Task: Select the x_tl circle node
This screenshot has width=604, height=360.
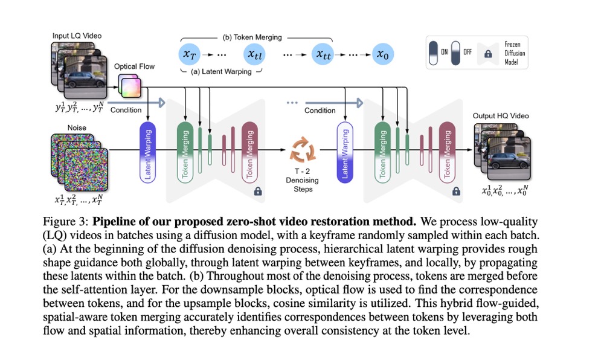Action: [254, 54]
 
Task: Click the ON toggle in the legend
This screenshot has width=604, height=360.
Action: [434, 53]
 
